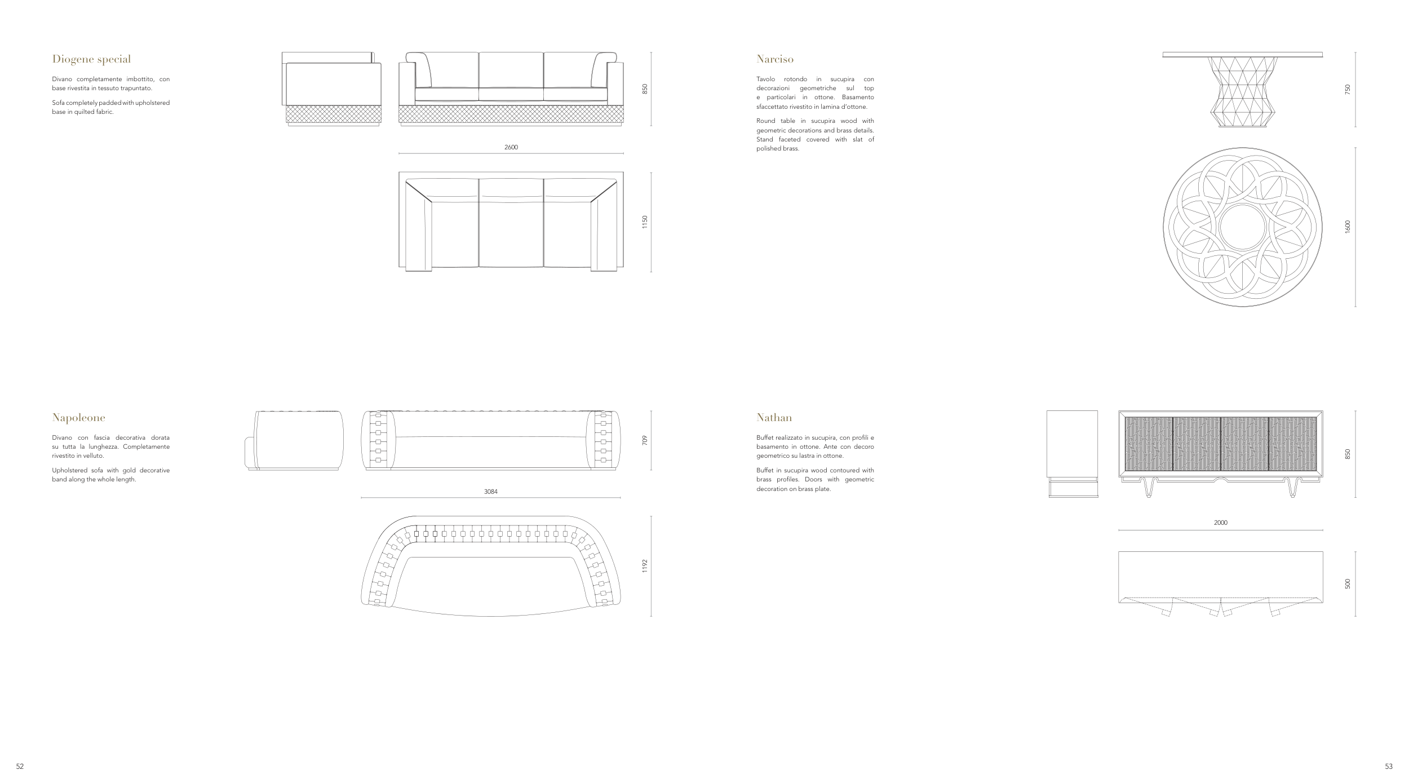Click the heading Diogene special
(x=91, y=59)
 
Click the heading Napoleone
(x=78, y=418)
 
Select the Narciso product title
(x=774, y=59)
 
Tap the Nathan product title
(x=774, y=418)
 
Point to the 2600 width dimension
(x=511, y=147)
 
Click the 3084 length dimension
(x=490, y=492)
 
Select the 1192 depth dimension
(x=645, y=566)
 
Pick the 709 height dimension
(x=645, y=440)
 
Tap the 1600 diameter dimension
(x=1348, y=227)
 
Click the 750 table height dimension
(x=1348, y=89)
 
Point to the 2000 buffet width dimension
(x=1220, y=523)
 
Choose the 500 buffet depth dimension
(x=1348, y=584)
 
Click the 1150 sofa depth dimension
(x=645, y=222)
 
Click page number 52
(x=20, y=766)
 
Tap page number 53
(x=1389, y=766)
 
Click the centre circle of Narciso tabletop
(x=1242, y=227)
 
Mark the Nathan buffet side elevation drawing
(x=1073, y=453)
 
